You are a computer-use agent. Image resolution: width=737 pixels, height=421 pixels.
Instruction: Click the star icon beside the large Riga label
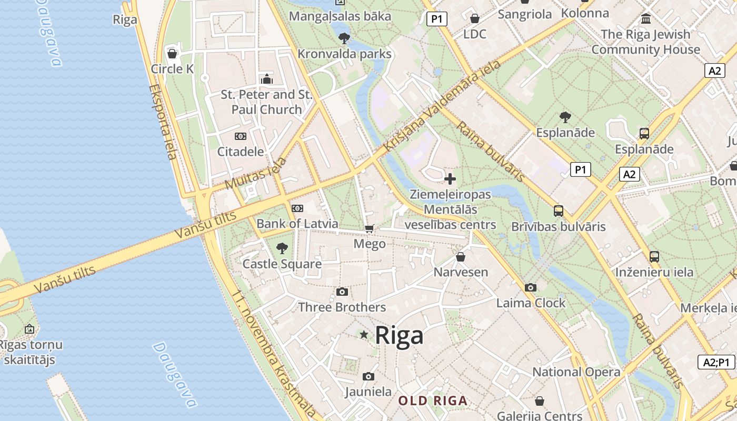pyautogui.click(x=364, y=335)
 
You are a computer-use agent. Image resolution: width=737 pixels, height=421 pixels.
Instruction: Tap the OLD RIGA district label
pyautogui.click(x=433, y=401)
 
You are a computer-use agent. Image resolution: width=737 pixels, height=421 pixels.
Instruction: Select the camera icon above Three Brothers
pyautogui.click(x=342, y=292)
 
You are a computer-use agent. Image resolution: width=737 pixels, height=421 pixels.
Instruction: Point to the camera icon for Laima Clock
pyautogui.click(x=531, y=287)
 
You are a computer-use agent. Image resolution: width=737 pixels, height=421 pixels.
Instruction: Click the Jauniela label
pyautogui.click(x=368, y=392)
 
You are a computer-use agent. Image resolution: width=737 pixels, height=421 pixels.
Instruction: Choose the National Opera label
pyautogui.click(x=576, y=372)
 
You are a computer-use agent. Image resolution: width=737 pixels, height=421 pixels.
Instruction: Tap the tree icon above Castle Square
pyautogui.click(x=282, y=248)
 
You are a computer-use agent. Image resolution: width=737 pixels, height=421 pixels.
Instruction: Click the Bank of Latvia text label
pyautogui.click(x=297, y=224)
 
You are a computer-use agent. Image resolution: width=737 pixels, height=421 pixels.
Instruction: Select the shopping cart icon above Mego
pyautogui.click(x=370, y=228)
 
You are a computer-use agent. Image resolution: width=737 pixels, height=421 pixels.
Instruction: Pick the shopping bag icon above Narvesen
pyautogui.click(x=461, y=257)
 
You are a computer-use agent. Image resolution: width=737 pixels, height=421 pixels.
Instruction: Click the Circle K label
pyautogui.click(x=172, y=69)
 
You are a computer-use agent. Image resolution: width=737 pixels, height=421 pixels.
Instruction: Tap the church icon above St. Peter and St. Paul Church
pyautogui.click(x=267, y=79)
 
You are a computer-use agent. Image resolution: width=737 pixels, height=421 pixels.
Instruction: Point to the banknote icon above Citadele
pyautogui.click(x=241, y=136)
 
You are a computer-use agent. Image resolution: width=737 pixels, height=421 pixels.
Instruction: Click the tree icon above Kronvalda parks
pyautogui.click(x=344, y=38)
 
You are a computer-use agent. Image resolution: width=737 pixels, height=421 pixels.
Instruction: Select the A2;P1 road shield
pyautogui.click(x=716, y=362)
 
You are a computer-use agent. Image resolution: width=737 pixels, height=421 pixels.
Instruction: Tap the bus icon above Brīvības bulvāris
pyautogui.click(x=559, y=211)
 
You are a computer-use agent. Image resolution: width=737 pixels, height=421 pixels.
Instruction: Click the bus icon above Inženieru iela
pyautogui.click(x=654, y=257)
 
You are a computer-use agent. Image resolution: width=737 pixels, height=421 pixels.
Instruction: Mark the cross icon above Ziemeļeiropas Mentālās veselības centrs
pyautogui.click(x=450, y=179)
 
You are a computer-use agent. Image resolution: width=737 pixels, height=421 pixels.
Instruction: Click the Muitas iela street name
pyautogui.click(x=256, y=173)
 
